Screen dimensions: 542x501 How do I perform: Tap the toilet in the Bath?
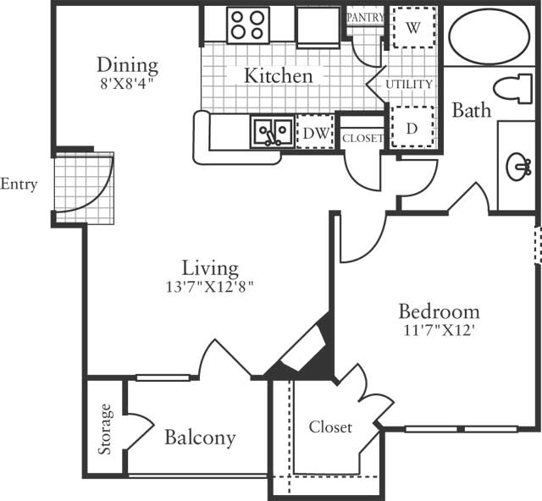[512, 88]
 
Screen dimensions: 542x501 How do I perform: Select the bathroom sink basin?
[518, 167]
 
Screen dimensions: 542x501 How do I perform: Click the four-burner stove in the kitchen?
[248, 25]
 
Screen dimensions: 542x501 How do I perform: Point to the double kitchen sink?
[273, 132]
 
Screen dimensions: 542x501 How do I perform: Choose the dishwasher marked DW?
[316, 132]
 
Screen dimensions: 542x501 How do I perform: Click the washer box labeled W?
[413, 27]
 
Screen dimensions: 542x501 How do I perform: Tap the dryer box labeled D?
[412, 127]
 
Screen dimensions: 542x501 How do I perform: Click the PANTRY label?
[365, 17]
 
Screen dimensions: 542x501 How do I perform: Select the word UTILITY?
[409, 84]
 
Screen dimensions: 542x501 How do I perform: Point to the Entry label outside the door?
[19, 184]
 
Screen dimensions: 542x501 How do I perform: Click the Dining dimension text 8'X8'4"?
[126, 84]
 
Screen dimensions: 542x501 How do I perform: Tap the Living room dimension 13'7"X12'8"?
[210, 286]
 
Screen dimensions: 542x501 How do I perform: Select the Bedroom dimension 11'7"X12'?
[439, 330]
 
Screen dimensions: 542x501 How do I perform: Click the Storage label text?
[105, 429]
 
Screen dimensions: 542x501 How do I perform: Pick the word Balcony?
[200, 438]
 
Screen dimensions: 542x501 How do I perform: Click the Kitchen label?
[279, 75]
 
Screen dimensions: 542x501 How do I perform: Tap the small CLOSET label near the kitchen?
[362, 138]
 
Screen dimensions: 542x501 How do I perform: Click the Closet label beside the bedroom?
[330, 427]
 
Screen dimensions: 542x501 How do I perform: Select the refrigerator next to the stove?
[318, 27]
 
